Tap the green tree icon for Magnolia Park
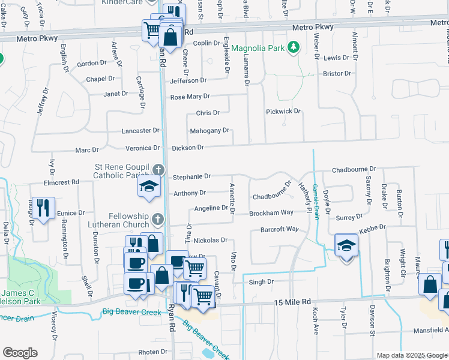pyautogui.click(x=294, y=47)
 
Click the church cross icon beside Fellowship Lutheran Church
pyautogui.click(x=157, y=219)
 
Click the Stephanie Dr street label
pyautogui.click(x=191, y=176)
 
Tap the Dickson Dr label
pyautogui.click(x=188, y=147)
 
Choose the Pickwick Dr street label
pyautogui.click(x=283, y=112)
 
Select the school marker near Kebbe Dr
pyautogui.click(x=346, y=246)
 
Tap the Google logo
pyautogui.click(x=20, y=353)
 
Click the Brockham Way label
pyautogui.click(x=272, y=212)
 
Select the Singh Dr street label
pyautogui.click(x=261, y=281)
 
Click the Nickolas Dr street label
pyautogui.click(x=210, y=240)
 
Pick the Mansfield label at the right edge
pyautogui.click(x=430, y=329)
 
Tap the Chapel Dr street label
pyautogui.click(x=100, y=79)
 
